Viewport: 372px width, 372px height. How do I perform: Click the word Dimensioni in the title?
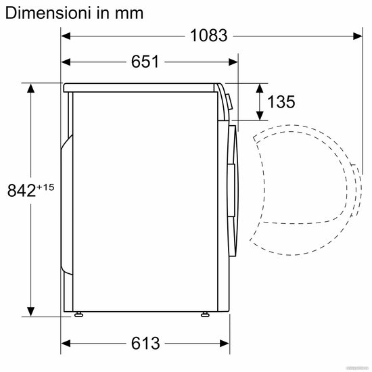pos(48,13)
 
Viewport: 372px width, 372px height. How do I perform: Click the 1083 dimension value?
pos(209,36)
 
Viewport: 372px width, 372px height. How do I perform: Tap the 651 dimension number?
pos(145,62)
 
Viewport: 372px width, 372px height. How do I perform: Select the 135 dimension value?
pos(281,101)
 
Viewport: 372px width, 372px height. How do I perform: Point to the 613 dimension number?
pos(145,343)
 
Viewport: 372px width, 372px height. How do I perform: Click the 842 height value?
pos(22,190)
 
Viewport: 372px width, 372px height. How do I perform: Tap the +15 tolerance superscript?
pos(45,187)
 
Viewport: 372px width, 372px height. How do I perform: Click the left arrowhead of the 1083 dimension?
pos(66,36)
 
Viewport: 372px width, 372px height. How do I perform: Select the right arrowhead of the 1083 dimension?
pos(358,36)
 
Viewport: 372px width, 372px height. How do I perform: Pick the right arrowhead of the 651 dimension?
pos(233,62)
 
